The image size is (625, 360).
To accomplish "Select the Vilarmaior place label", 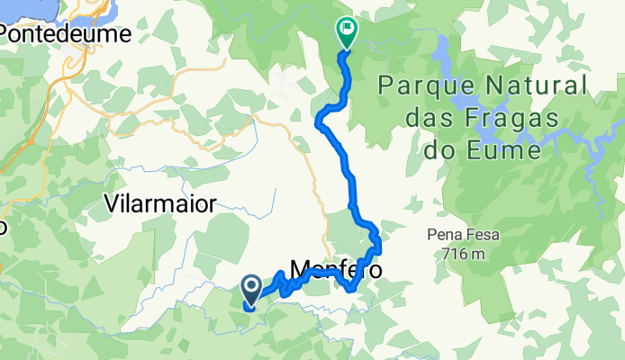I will click(x=160, y=202).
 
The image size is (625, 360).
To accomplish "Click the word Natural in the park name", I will click(x=537, y=87).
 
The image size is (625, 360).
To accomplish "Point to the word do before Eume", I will click(x=454, y=149).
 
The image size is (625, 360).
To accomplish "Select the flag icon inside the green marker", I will click(x=347, y=28).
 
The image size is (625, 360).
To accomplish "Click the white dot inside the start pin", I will click(x=251, y=286).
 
